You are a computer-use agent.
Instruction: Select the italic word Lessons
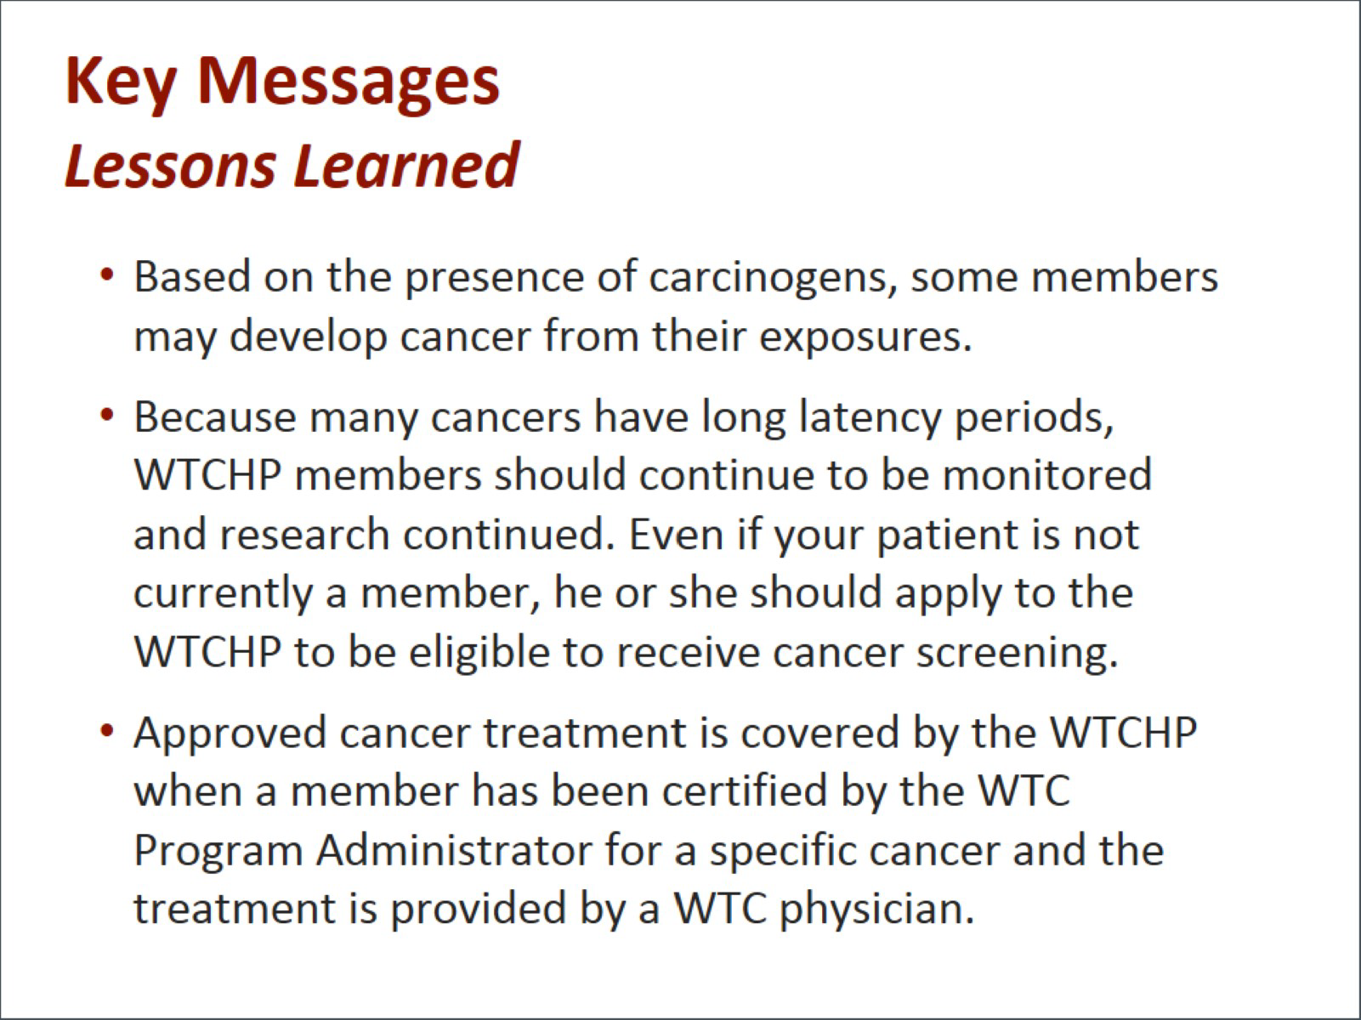pos(170,165)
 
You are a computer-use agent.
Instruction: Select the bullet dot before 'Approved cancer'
pos(107,731)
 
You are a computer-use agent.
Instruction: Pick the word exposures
pos(865,337)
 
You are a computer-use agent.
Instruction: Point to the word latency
pos(870,417)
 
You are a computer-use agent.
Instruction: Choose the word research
pos(304,534)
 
